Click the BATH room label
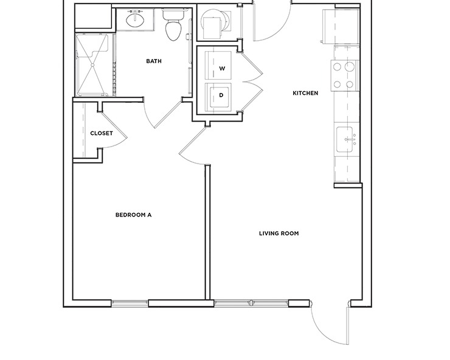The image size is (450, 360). coord(153,61)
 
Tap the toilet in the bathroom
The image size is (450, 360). coord(174,26)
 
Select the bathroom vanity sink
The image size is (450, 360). coord(134,21)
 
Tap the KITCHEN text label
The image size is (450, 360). coord(305,93)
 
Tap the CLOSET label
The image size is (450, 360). coord(102,133)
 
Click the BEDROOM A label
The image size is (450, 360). coord(133,215)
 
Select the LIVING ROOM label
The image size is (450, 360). coord(279,234)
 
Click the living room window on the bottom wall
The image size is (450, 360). coord(250,303)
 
